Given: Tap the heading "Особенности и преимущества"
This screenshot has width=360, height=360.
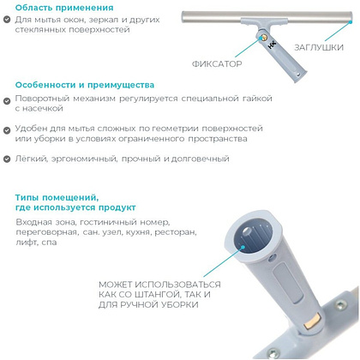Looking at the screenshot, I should coord(84,85).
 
